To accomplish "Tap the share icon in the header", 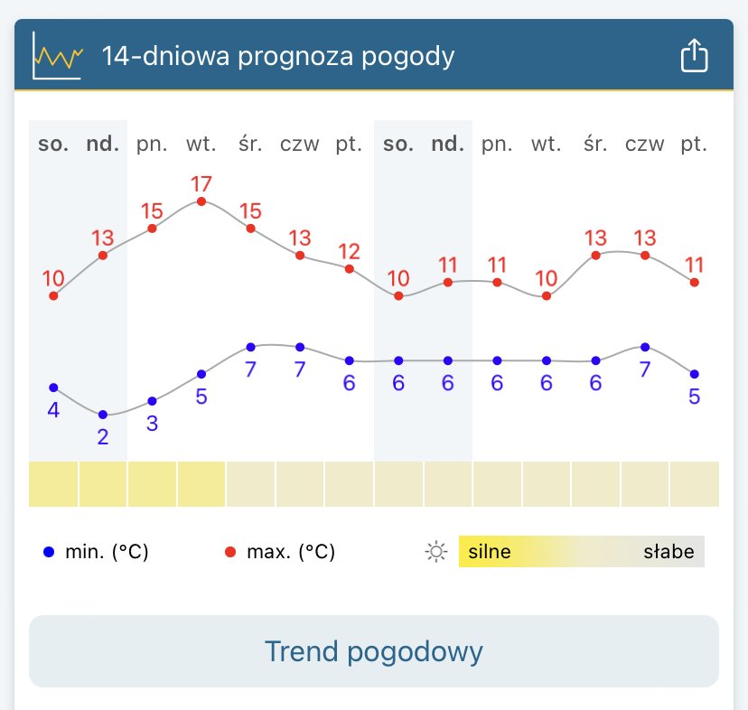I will click(x=693, y=56).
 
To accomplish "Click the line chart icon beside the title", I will click(x=58, y=56).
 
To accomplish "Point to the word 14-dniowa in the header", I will click(x=154, y=56).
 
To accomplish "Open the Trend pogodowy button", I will click(x=374, y=651).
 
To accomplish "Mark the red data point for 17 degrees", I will click(x=201, y=201).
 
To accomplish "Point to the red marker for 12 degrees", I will click(x=350, y=268).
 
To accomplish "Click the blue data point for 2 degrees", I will click(x=103, y=415).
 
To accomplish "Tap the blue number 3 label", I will click(x=152, y=424).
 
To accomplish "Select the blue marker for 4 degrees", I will click(x=53, y=388).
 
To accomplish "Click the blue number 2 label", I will click(x=103, y=437).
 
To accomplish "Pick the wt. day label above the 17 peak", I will click(x=201, y=144).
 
